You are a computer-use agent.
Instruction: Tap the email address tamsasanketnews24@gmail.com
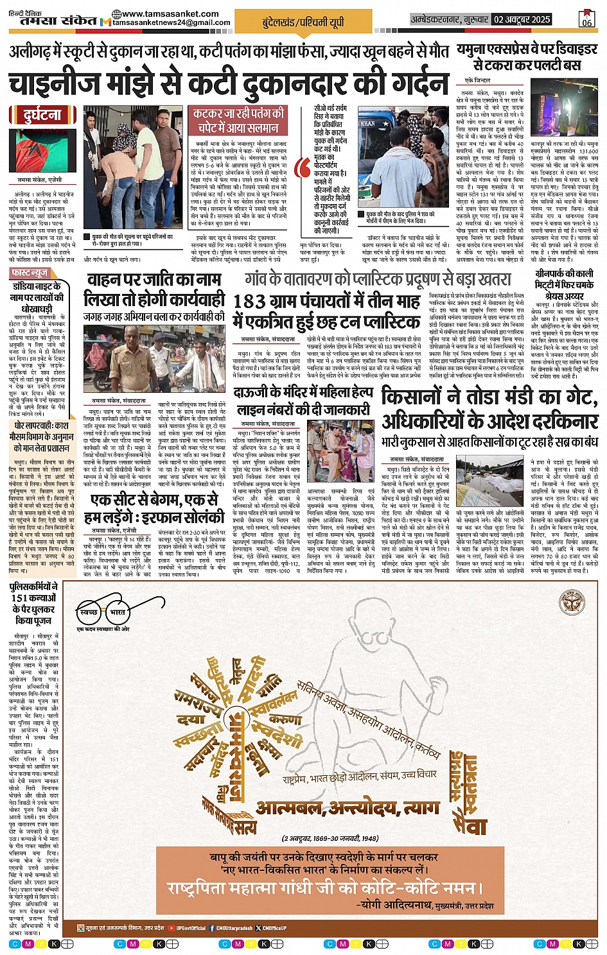tap(171, 22)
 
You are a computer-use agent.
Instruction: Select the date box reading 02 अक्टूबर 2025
tap(522, 19)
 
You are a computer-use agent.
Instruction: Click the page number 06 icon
tap(586, 19)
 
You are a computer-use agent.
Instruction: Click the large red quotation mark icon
tap(301, 168)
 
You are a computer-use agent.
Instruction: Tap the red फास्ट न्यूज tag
tap(30, 273)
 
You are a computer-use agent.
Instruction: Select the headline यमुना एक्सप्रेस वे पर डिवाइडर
tap(527, 49)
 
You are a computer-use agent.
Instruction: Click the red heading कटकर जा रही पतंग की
tap(239, 114)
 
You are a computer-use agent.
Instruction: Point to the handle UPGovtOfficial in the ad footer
tap(191, 927)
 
